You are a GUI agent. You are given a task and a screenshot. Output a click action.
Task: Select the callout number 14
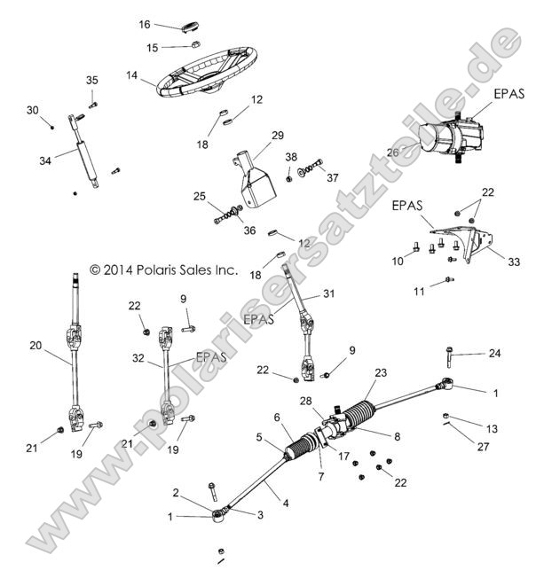[132, 76]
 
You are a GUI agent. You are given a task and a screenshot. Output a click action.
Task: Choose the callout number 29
[278, 135]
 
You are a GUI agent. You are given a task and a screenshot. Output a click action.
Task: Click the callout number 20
[35, 347]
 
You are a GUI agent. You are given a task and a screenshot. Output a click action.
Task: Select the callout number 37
[333, 177]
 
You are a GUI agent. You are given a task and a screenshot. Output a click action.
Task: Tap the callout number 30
[33, 110]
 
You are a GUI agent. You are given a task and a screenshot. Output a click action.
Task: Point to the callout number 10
[398, 261]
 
